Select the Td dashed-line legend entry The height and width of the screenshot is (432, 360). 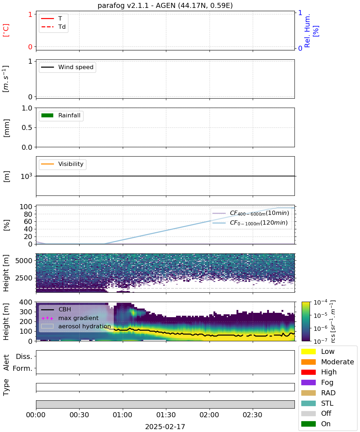(53, 27)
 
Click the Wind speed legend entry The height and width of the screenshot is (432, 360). (67, 67)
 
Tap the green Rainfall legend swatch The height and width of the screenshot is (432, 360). (48, 116)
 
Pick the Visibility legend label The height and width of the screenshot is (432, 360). (71, 164)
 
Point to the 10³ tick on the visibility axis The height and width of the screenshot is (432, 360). (26, 176)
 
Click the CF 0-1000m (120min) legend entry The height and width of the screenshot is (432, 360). (250, 223)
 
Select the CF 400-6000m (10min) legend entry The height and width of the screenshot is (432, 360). (251, 213)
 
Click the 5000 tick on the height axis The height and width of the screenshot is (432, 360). (24, 261)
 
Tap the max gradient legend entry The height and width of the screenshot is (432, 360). (70, 318)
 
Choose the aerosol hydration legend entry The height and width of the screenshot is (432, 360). (76, 327)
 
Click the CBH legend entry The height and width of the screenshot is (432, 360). (56, 310)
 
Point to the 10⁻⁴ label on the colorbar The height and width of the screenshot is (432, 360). (320, 302)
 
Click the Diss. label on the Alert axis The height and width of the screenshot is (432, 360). (24, 357)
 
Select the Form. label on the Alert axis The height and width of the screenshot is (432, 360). (23, 369)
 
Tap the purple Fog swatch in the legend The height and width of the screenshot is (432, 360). (308, 382)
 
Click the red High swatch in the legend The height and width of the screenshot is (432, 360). (308, 372)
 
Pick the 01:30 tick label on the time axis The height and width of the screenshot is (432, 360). (166, 415)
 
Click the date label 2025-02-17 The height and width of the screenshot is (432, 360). (165, 427)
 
